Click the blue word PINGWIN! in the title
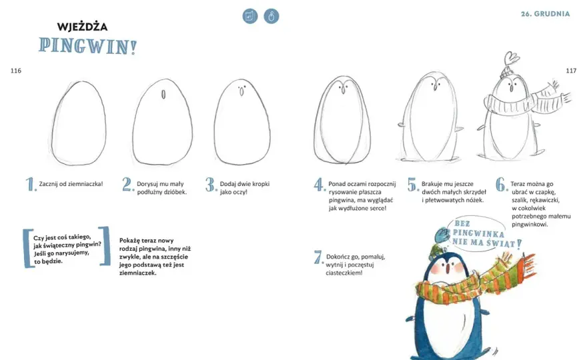coord(88,47)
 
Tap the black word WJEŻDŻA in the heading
coord(82,27)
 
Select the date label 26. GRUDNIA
coord(546,14)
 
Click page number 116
coord(16,71)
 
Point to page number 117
coord(571,71)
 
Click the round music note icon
coord(250,16)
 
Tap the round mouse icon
coord(271,16)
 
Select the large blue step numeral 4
coord(319,185)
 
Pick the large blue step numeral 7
coord(318,257)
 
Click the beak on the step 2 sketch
coord(163,94)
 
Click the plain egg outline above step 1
coord(79,123)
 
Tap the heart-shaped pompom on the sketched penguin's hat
coord(511,59)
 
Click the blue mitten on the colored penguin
coord(442,235)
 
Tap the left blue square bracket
coord(27,248)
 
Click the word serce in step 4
coord(378,208)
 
